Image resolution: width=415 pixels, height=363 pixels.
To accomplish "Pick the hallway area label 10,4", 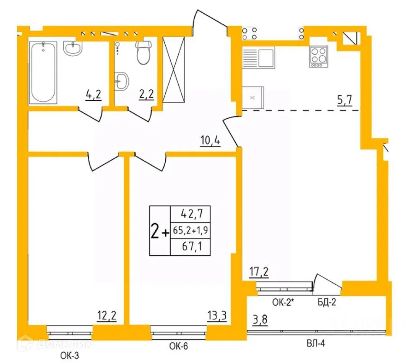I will point(210,141).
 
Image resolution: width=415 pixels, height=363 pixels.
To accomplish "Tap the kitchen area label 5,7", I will point(345,101).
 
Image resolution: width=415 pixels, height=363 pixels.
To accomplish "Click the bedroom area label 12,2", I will point(107,315).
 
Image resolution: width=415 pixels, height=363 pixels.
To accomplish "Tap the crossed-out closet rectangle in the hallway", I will point(174,71).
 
